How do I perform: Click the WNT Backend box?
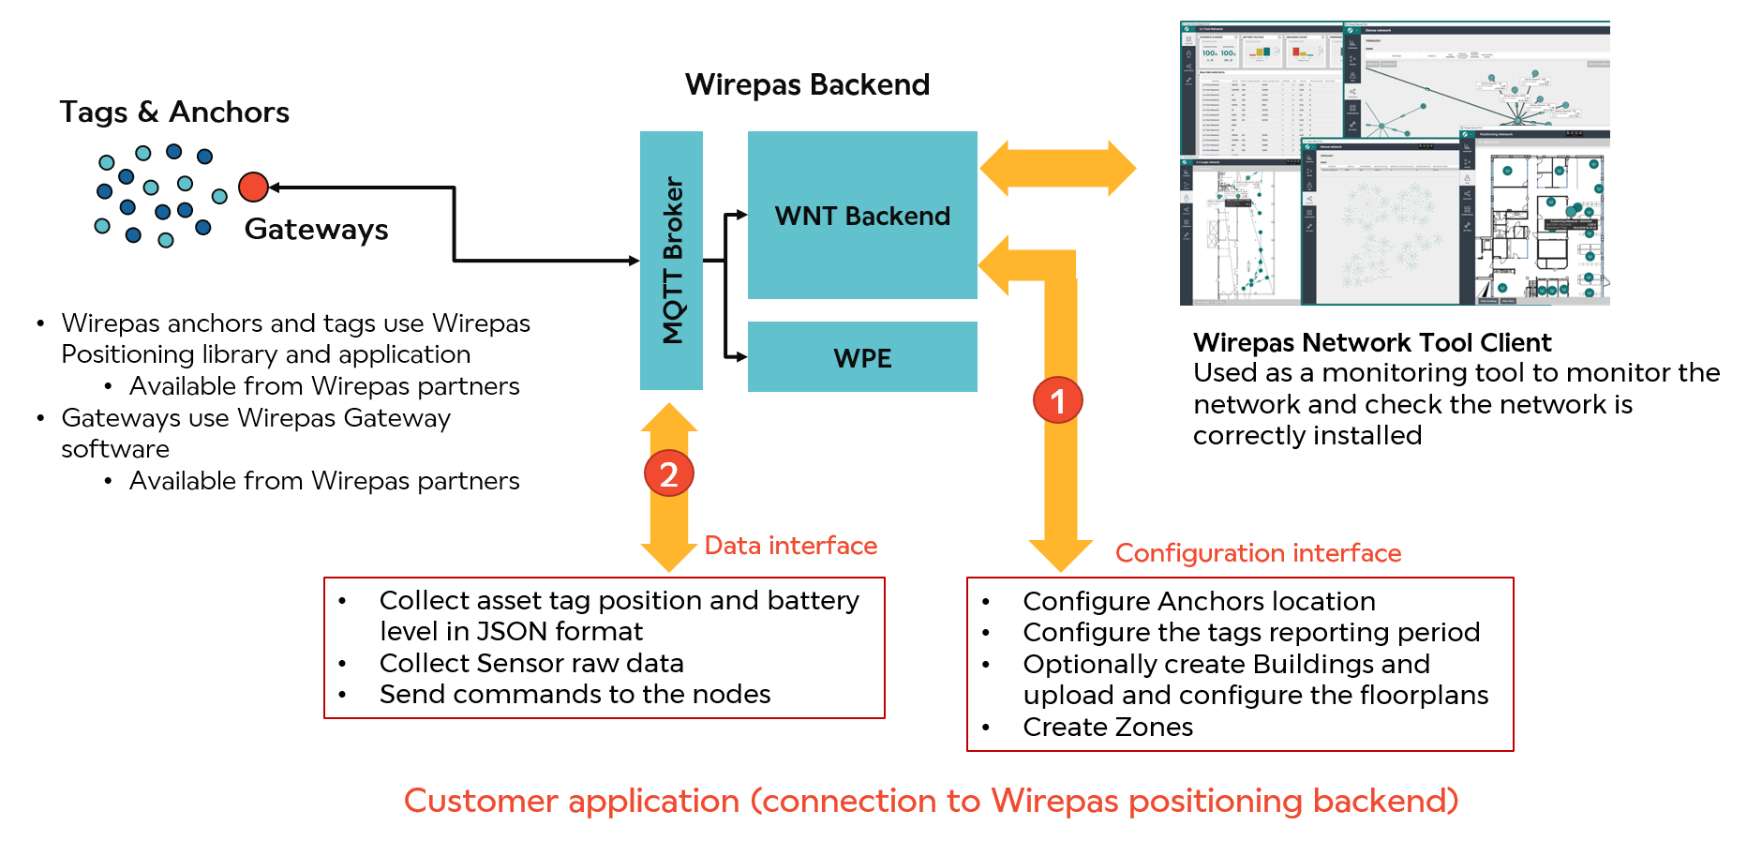tap(862, 216)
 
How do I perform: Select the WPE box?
tap(862, 357)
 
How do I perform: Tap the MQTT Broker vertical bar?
tap(671, 260)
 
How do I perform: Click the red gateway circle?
tap(253, 188)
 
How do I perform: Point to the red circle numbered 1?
tap(1058, 401)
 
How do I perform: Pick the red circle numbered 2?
tap(668, 474)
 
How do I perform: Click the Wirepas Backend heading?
tap(807, 85)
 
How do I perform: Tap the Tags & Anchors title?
tap(174, 113)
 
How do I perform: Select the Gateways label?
tap(316, 230)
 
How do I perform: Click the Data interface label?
tap(790, 546)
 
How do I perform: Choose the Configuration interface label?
tap(1258, 553)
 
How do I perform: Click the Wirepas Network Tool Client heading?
tap(1372, 343)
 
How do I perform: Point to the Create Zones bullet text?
tap(1108, 728)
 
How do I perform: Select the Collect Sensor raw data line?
tap(531, 664)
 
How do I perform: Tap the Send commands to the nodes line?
tap(575, 695)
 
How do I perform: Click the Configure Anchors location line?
tap(1199, 602)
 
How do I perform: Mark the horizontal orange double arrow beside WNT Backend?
tap(1057, 169)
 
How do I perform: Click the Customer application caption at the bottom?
tap(931, 802)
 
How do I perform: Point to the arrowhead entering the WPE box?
tap(741, 356)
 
